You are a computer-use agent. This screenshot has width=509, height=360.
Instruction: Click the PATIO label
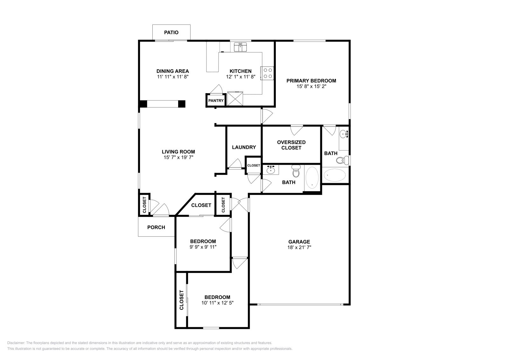[x=171, y=32]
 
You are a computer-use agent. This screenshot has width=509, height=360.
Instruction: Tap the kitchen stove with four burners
[x=267, y=73]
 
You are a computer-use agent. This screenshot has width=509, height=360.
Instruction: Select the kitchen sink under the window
[x=241, y=47]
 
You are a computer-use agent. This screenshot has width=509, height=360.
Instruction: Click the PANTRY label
[x=216, y=101]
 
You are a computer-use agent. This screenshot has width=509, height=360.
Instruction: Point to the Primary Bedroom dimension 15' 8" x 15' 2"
[x=311, y=86]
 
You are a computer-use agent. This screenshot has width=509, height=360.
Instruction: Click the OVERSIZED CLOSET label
[x=291, y=145]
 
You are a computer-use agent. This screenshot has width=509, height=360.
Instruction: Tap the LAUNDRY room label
[x=244, y=147]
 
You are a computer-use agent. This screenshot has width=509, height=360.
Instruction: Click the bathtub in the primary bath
[x=334, y=175]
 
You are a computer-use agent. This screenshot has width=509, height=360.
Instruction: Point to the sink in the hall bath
[x=271, y=170]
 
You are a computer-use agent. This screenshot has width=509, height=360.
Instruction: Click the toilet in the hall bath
[x=296, y=172]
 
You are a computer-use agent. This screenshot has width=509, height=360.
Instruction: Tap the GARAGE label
[x=299, y=242]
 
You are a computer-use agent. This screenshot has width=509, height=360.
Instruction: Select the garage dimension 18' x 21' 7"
[x=299, y=247]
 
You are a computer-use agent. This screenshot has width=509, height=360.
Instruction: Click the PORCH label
[x=156, y=227]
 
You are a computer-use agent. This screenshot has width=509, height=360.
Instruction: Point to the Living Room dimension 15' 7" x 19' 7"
[x=178, y=157]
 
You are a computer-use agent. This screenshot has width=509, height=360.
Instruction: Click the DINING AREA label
[x=172, y=71]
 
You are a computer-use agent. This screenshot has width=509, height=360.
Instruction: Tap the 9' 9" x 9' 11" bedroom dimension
[x=203, y=247]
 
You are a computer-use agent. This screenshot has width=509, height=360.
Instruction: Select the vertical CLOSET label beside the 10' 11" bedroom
[x=182, y=300]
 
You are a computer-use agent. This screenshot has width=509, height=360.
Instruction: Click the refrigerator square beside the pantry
[x=235, y=98]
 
